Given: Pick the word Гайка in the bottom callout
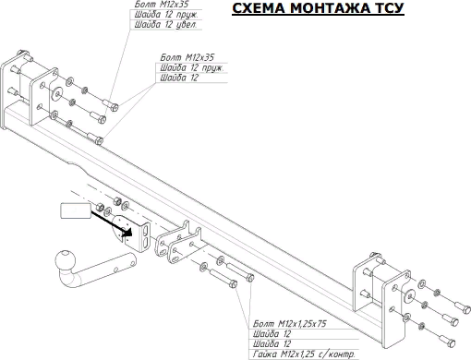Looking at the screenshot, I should (x=263, y=354).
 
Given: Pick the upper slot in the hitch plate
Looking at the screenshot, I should (x=145, y=227).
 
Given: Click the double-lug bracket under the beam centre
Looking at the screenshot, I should (x=176, y=242).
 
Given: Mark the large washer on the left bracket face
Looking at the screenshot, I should (x=56, y=94).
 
